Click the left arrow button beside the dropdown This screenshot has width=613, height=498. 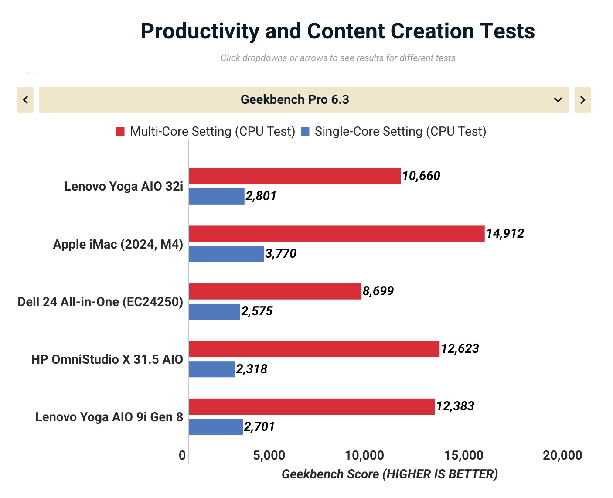[x=25, y=100]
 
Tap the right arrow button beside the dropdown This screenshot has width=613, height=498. [x=582, y=100]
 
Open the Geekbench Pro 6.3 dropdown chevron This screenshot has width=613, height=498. [x=558, y=100]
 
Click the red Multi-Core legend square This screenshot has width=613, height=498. [x=120, y=131]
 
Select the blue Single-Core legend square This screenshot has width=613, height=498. [x=305, y=131]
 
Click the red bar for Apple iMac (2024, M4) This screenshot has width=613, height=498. [x=337, y=234]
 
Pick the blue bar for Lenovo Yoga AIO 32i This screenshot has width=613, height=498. [x=217, y=196]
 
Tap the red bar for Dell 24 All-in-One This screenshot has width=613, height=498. [x=275, y=291]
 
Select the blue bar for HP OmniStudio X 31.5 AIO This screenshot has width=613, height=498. [x=212, y=369]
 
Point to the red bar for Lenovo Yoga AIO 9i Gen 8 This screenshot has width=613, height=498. [x=312, y=406]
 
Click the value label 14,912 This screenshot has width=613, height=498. [x=505, y=234]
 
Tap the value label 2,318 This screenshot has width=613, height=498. [x=252, y=369]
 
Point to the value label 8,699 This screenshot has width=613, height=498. [x=378, y=291]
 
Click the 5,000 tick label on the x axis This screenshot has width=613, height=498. [x=269, y=455]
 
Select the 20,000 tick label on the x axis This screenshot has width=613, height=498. [x=562, y=455]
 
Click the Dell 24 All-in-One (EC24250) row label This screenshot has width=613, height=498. [x=100, y=302]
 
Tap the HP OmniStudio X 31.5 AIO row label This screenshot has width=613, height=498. [x=107, y=359]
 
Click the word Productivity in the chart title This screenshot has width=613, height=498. [x=200, y=31]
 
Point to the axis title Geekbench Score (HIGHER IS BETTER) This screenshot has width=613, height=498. [x=390, y=474]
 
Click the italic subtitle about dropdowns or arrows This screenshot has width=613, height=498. [x=338, y=58]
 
